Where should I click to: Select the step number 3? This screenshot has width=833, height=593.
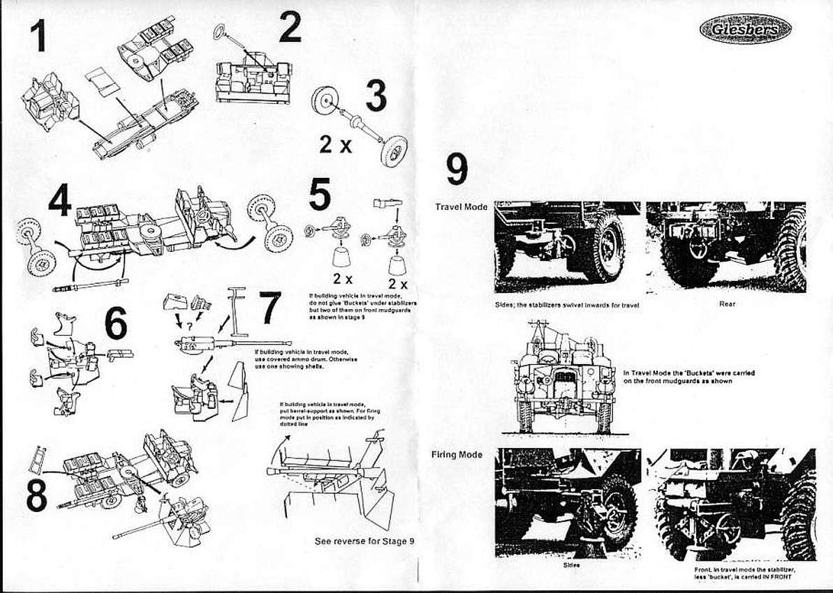tap(376, 96)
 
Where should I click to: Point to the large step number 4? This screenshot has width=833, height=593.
tap(60, 200)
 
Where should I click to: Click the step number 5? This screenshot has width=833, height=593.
tap(320, 195)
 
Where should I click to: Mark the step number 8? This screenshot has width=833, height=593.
tap(36, 495)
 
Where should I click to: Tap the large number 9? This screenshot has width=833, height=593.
tap(457, 170)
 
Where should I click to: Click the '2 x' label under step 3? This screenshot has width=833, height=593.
tap(336, 144)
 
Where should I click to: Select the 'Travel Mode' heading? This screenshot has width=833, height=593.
tap(461, 207)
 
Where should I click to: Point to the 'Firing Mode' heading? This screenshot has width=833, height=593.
tap(457, 455)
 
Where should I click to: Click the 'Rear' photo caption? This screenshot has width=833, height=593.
tap(727, 303)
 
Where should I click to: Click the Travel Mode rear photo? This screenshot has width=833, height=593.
tap(726, 247)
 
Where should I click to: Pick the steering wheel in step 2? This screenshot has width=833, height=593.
tap(221, 31)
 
